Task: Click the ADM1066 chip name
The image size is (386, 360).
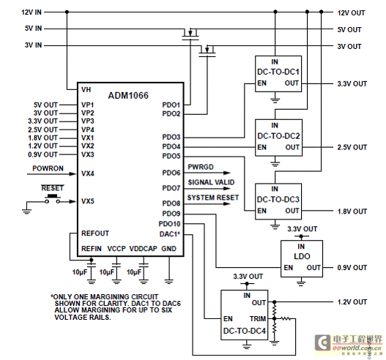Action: pos(128,95)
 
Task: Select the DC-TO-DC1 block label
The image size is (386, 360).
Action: pos(278,72)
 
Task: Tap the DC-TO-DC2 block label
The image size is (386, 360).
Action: pos(278,136)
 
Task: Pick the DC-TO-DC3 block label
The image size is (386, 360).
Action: pos(278,200)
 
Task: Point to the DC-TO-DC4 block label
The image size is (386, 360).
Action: pos(245,331)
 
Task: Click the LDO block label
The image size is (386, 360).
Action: pos(302,257)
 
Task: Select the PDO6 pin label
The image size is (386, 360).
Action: pos(171,173)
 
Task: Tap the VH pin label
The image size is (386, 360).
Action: pos(86,90)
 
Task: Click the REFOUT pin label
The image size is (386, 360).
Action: pos(95,233)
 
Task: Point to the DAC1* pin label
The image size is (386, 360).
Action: pos(170,234)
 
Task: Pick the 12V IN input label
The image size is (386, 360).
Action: pos(31,12)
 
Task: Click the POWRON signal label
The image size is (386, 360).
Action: pos(48,168)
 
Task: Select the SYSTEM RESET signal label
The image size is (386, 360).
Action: pos(213,198)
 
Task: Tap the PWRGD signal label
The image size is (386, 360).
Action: pos(201,167)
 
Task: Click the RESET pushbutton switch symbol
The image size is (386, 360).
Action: pos(53,199)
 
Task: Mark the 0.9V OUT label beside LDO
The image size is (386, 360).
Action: pos(352,268)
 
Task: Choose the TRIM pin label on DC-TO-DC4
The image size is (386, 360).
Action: pos(258,319)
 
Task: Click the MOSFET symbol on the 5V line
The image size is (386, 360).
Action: pos(190,34)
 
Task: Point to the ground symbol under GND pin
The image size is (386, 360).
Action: pos(168,281)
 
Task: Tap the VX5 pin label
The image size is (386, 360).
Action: pos(88,201)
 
